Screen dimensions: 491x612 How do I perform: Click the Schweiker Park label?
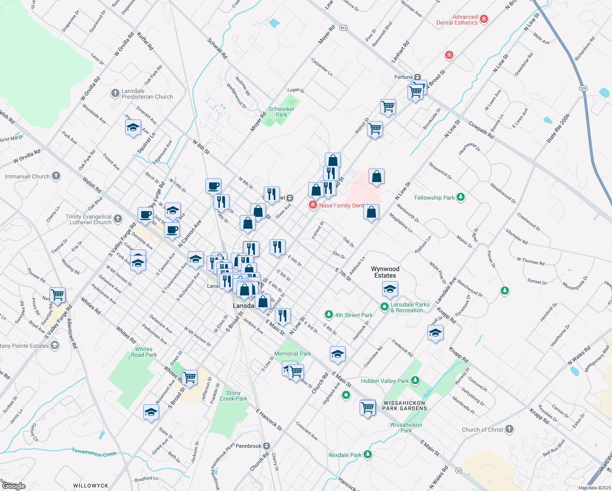(x=281, y=112)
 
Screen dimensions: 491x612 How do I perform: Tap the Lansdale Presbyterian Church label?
(x=147, y=94)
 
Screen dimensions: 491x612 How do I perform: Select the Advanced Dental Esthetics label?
(x=457, y=20)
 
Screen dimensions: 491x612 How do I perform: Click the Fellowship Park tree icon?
(x=461, y=198)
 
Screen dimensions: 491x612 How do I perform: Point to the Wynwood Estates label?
(x=385, y=272)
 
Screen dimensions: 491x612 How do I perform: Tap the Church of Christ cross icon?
(x=509, y=429)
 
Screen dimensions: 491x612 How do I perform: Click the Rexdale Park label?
(x=345, y=455)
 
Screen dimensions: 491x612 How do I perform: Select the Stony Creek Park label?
(x=233, y=396)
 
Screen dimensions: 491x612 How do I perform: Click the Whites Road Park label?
(x=144, y=352)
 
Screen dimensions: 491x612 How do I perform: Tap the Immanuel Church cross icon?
(x=56, y=176)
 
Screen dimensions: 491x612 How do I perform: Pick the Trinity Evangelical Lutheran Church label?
(x=88, y=219)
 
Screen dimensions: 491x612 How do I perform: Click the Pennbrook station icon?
(x=267, y=446)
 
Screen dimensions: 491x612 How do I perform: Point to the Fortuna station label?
(x=403, y=77)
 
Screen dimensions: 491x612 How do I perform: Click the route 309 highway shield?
(x=583, y=88)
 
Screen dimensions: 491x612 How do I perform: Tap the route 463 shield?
(x=343, y=28)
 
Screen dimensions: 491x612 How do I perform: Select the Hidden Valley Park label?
(x=385, y=381)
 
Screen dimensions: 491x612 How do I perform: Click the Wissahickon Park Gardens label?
(x=405, y=405)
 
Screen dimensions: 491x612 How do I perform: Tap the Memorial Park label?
(x=292, y=354)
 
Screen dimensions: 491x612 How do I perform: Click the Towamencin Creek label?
(x=94, y=452)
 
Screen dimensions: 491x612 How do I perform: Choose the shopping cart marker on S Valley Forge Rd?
(x=58, y=295)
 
